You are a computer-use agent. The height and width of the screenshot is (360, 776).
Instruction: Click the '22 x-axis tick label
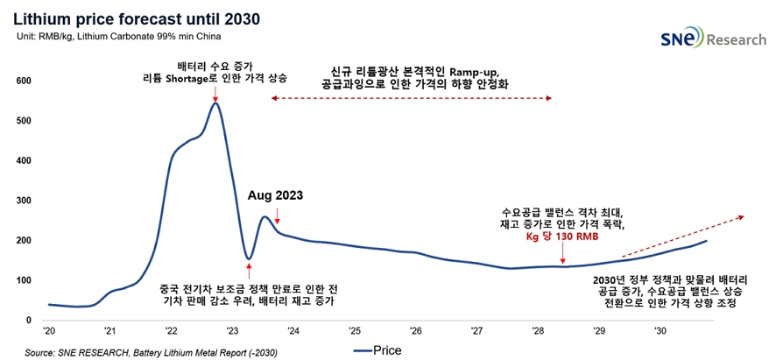(x=171, y=331)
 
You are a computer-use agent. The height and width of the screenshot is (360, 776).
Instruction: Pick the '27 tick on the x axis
(x=476, y=331)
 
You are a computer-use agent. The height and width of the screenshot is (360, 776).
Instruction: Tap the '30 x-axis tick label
(x=660, y=331)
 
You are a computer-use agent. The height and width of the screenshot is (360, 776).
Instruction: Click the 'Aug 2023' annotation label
(x=276, y=195)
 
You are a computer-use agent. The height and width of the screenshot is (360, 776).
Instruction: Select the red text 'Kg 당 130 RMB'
(x=563, y=237)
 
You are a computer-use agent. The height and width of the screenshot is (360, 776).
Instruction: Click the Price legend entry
(x=378, y=350)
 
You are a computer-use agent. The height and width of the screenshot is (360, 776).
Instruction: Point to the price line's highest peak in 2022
(x=215, y=103)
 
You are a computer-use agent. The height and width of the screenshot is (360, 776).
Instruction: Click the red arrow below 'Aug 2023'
(x=276, y=215)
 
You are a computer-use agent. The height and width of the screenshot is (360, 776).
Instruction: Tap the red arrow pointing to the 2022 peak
(x=215, y=91)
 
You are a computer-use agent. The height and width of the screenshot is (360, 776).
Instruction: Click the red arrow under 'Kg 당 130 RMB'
(x=563, y=256)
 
